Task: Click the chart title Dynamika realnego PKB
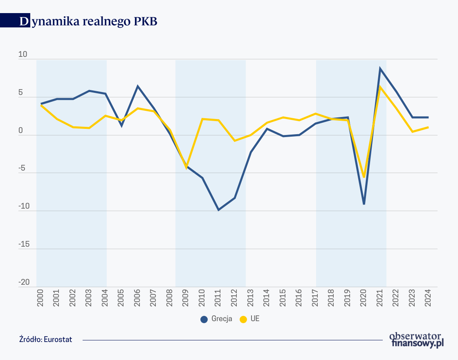click(x=88, y=22)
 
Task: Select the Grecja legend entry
click(x=217, y=319)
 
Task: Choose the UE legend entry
click(x=250, y=319)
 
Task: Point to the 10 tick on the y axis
click(x=24, y=55)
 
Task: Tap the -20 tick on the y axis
click(x=24, y=282)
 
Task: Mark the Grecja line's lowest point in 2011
click(x=218, y=210)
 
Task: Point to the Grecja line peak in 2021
click(x=380, y=68)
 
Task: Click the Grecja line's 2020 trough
click(x=364, y=204)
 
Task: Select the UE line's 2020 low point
click(x=364, y=177)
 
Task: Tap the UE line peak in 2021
click(x=380, y=87)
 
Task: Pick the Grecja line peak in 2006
click(x=138, y=86)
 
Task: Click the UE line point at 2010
click(x=202, y=119)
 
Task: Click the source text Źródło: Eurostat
click(x=45, y=340)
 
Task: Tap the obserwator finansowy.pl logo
click(x=416, y=340)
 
